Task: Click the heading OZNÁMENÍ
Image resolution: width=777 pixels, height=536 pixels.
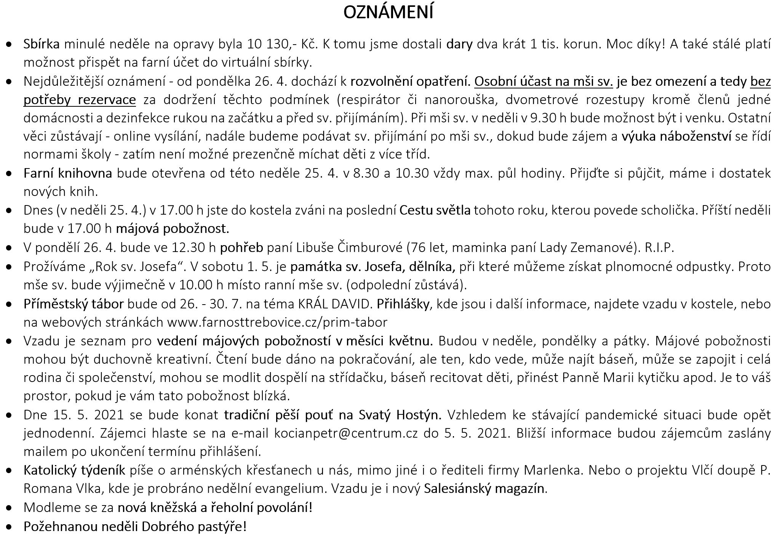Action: coord(388,13)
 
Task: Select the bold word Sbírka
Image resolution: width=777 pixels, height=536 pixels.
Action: coord(42,44)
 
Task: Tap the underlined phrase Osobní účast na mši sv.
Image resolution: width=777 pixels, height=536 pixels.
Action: coord(544,81)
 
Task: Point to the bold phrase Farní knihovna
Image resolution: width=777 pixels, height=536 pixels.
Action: coord(68,173)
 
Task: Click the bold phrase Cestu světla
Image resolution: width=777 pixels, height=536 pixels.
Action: coord(435,210)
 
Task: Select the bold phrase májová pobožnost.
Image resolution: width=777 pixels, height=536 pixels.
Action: coord(173,228)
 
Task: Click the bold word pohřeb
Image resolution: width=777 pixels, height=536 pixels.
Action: coord(241,247)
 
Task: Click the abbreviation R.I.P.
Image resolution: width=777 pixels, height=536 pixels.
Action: coord(659,247)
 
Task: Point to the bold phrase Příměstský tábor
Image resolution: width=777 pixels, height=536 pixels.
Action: coord(74,304)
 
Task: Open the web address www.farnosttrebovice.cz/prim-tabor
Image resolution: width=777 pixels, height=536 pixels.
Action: coord(277,322)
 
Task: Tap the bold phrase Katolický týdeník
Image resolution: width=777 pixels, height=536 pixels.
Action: coord(74,470)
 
